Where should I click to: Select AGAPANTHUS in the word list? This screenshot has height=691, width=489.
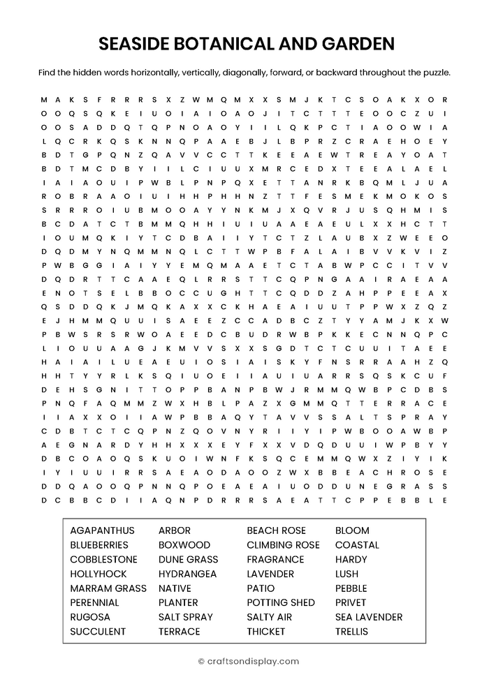click(102, 530)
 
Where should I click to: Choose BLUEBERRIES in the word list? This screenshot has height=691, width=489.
click(99, 545)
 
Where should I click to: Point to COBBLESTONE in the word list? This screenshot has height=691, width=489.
click(103, 560)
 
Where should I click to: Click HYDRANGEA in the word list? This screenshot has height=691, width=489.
click(187, 574)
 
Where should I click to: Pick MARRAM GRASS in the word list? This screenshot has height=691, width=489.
click(108, 588)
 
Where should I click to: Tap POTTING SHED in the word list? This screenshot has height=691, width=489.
click(281, 603)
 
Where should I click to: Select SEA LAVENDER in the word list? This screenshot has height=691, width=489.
click(369, 617)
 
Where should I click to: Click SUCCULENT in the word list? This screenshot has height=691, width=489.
click(98, 632)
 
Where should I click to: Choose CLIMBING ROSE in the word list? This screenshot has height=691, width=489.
click(283, 545)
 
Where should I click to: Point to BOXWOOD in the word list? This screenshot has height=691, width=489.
click(184, 545)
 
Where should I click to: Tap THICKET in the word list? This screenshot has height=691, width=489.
click(266, 632)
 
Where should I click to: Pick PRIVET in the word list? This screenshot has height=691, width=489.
click(351, 603)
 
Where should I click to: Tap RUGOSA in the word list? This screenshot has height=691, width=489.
click(90, 617)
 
